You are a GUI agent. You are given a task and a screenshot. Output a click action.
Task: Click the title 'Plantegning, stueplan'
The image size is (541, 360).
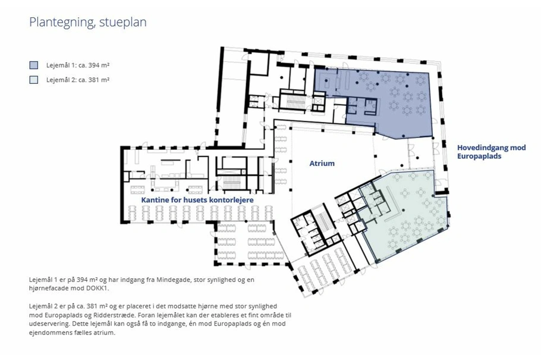pyautogui.click(x=87, y=22)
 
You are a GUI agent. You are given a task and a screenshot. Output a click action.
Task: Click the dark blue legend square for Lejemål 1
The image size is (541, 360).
pyautogui.click(x=34, y=65)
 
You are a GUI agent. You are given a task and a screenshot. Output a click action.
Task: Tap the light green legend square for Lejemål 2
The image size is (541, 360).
pyautogui.click(x=34, y=80)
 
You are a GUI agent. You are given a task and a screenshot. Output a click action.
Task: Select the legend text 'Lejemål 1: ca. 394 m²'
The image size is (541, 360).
pyautogui.click(x=78, y=65)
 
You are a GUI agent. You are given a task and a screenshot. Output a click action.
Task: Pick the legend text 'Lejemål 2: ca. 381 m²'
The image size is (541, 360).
pyautogui.click(x=78, y=80)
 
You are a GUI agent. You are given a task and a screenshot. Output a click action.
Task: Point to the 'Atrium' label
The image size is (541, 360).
pyautogui.click(x=322, y=164)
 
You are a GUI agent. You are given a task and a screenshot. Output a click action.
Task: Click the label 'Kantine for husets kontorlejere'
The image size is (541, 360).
pyautogui.click(x=197, y=200)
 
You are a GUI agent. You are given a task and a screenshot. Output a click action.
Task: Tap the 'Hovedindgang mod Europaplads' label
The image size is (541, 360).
pyautogui.click(x=491, y=152)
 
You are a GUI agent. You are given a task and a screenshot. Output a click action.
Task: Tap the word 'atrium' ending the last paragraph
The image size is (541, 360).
pyautogui.click(x=105, y=333)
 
